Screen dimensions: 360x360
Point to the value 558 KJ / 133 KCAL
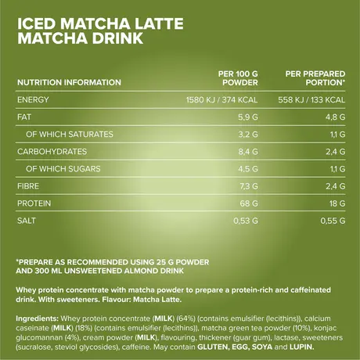[311, 100]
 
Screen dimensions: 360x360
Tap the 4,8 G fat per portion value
[334, 117]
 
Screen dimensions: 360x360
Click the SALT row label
[23, 221]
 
